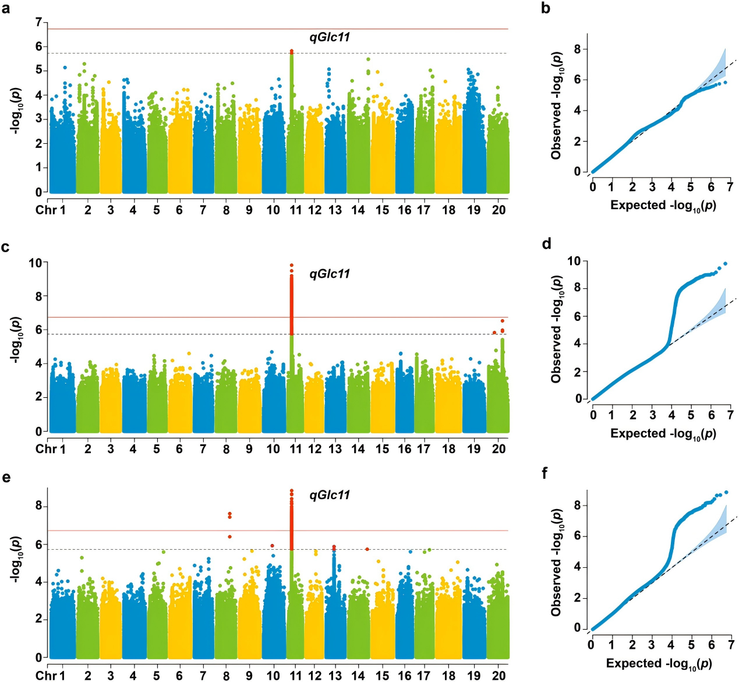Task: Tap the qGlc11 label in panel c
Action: click(330, 274)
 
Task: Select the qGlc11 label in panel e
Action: click(330, 495)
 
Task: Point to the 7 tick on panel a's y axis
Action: click(38, 23)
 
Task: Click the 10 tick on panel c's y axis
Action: click(36, 263)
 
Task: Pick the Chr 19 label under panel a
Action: click(474, 210)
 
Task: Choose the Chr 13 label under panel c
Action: click(335, 449)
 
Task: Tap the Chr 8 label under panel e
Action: click(226, 676)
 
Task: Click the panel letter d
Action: click(546, 243)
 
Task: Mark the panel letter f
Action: click(544, 473)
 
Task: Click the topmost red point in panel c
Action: click(292, 266)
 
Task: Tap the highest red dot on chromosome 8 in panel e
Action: click(230, 514)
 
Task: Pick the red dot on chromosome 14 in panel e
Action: click(367, 549)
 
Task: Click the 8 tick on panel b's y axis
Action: click(578, 50)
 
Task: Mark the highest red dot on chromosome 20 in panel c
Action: click(503, 321)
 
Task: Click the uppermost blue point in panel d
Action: click(725, 264)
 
